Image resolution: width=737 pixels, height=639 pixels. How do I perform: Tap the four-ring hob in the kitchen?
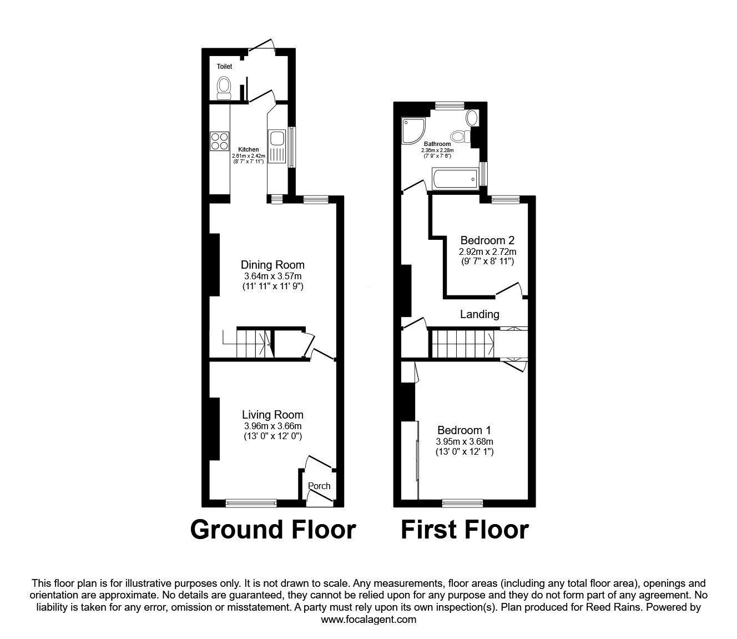click(219, 141)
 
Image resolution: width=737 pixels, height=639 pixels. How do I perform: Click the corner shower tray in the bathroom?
click(413, 131)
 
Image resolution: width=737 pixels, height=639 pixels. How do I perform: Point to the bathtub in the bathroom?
click(455, 178)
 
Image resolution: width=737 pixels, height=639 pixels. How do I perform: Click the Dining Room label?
click(272, 265)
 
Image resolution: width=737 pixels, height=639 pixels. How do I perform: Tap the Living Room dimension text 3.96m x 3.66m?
click(272, 426)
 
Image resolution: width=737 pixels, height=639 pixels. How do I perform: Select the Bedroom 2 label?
click(487, 240)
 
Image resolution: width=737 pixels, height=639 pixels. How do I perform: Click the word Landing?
click(479, 314)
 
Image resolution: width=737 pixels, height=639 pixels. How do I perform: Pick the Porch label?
click(319, 486)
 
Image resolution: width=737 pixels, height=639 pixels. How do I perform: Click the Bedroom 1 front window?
click(463, 504)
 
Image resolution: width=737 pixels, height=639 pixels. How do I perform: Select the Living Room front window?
click(251, 504)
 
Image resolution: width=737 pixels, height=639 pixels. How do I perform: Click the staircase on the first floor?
click(463, 344)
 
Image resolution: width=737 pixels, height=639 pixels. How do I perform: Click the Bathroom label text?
click(437, 144)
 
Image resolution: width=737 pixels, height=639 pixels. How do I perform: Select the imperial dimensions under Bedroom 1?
click(465, 452)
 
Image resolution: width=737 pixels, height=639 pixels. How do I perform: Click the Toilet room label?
click(224, 67)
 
